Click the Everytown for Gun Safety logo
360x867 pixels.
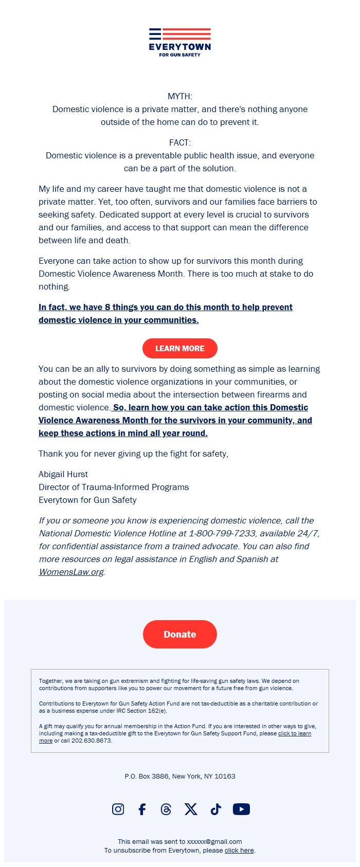180,42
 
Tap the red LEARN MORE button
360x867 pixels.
180,348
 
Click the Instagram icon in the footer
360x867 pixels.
118,809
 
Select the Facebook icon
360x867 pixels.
142,809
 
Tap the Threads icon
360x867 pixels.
166,809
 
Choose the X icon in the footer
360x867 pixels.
191,809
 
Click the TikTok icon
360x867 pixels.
215,809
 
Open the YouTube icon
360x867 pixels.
241,809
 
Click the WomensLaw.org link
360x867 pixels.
71,572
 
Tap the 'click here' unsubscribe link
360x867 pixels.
239,850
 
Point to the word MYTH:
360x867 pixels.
180,96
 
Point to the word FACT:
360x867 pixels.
180,142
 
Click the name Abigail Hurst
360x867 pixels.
63,474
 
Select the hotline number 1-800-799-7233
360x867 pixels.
222,533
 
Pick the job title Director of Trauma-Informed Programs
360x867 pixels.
114,487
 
